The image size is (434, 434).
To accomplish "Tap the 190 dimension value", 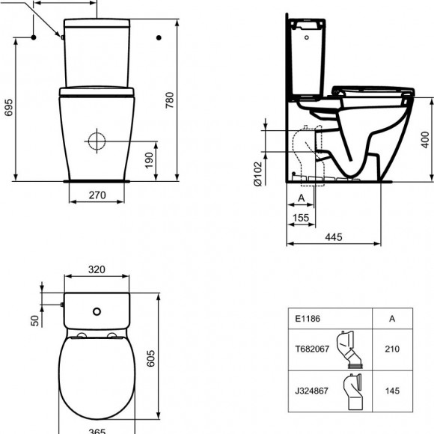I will point(149,159).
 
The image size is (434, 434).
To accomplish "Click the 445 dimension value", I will point(334,237).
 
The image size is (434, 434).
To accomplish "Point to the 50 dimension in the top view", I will point(34,320).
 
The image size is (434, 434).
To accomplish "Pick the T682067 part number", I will point(311,347).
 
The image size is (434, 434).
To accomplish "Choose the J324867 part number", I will point(311,390).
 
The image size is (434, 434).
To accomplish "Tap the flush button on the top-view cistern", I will point(96,311).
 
